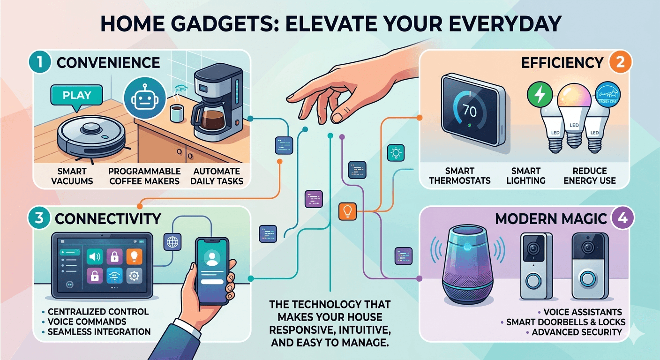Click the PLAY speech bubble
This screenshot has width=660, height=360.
(x=76, y=96)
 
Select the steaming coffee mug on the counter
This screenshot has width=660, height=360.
(x=176, y=114)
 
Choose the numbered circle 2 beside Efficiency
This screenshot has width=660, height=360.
(x=620, y=63)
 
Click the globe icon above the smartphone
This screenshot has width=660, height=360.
(x=172, y=242)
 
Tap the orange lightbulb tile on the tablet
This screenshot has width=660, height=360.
(x=134, y=256)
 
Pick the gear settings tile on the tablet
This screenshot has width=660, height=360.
(x=134, y=277)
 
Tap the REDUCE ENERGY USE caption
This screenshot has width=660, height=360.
(x=590, y=175)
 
